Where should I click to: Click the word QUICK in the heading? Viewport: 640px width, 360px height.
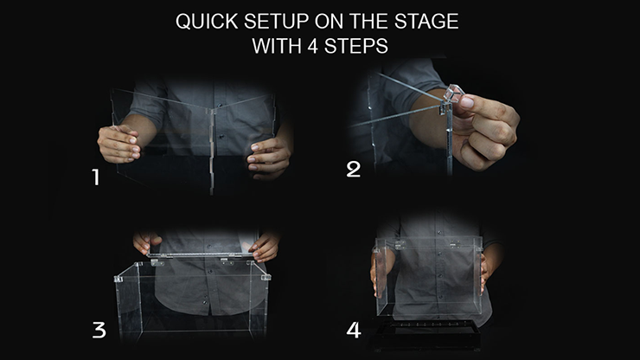coord(207,22)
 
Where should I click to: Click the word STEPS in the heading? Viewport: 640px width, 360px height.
coord(356,46)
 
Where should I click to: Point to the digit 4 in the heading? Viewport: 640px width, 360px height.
coord(313,46)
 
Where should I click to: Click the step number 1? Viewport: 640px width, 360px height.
coord(96,177)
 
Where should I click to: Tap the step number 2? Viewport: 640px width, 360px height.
coord(354,169)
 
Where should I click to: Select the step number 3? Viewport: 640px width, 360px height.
coord(99,330)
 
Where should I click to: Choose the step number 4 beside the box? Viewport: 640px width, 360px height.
coord(354,331)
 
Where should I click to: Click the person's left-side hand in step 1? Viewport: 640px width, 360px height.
coord(119,144)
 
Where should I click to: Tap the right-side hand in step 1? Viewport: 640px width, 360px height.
coord(269,158)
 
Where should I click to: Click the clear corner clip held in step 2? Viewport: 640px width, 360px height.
coord(454,93)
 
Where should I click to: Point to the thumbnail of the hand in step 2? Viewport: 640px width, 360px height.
coord(467,102)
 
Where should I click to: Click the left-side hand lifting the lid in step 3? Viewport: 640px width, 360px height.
coord(145,241)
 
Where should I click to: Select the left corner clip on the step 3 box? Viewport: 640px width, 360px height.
coord(118,280)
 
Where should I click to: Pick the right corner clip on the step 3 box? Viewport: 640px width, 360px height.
coord(266,278)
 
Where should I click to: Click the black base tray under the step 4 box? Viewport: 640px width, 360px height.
coord(426,335)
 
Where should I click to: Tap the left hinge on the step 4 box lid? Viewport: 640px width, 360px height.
coord(400,245)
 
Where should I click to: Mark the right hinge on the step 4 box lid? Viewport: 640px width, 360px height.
coord(455,244)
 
